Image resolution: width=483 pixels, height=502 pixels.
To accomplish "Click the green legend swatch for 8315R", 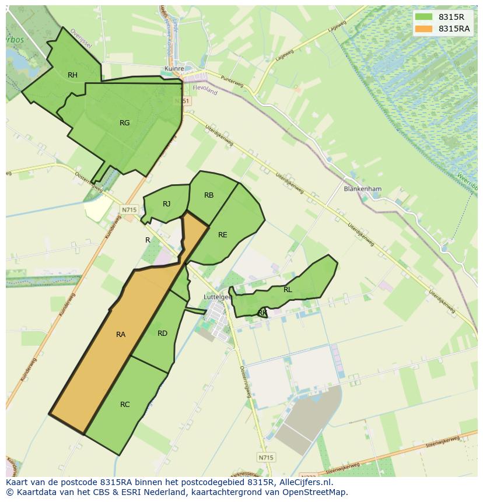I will pos(424,17).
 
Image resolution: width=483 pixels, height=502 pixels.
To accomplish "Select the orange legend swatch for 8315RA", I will pos(424,29).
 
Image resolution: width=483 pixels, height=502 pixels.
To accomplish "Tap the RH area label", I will pos(72,75).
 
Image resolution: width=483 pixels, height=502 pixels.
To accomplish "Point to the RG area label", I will pos(124,122).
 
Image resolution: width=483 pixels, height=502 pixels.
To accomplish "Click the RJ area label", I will pos(167,203).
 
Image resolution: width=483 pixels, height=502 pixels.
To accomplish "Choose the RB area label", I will pos(209,195).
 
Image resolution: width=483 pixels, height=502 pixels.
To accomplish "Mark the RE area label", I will pos(222,234).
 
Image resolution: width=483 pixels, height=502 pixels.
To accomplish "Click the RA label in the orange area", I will pos(121,334).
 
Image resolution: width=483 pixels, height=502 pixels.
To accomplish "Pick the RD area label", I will pos(162,333).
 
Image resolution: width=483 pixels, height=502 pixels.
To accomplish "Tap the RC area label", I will pos(125,404).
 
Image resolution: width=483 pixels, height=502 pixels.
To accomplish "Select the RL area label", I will pos(288,289).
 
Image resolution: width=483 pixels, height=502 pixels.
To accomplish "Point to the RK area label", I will pos(262,313).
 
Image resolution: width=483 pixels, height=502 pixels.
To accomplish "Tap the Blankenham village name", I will pos(362,189).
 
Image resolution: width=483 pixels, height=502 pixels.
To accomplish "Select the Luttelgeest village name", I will pos(217,297).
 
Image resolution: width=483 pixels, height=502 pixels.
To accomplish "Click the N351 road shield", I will pos(181,101).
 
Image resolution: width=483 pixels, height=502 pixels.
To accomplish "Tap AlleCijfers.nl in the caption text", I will pos(304,482).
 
